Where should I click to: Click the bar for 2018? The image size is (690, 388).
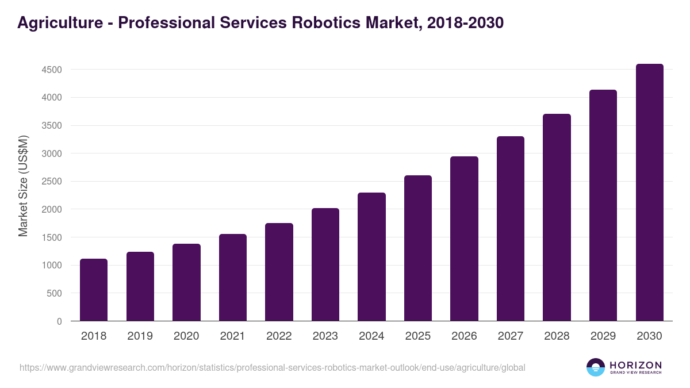(94, 290)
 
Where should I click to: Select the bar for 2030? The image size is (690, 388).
(649, 193)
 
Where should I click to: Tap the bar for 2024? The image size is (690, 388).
(371, 257)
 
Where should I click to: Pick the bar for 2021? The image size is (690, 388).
(233, 278)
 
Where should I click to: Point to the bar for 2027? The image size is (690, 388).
(511, 229)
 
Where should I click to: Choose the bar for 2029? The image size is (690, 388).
(603, 205)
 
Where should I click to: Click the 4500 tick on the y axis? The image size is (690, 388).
(51, 70)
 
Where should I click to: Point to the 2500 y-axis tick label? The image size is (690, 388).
(51, 182)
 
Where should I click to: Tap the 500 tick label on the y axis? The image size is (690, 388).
(54, 293)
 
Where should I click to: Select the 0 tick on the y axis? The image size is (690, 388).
(59, 321)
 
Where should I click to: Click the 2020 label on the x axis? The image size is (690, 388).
(186, 336)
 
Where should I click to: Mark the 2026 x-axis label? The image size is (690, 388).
(464, 336)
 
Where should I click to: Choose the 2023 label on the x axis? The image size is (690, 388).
(325, 336)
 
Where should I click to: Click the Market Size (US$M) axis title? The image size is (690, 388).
(23, 186)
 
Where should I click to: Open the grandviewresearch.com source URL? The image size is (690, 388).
(273, 367)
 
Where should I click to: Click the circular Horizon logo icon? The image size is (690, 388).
(596, 367)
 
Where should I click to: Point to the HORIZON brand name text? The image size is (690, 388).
(635, 365)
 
